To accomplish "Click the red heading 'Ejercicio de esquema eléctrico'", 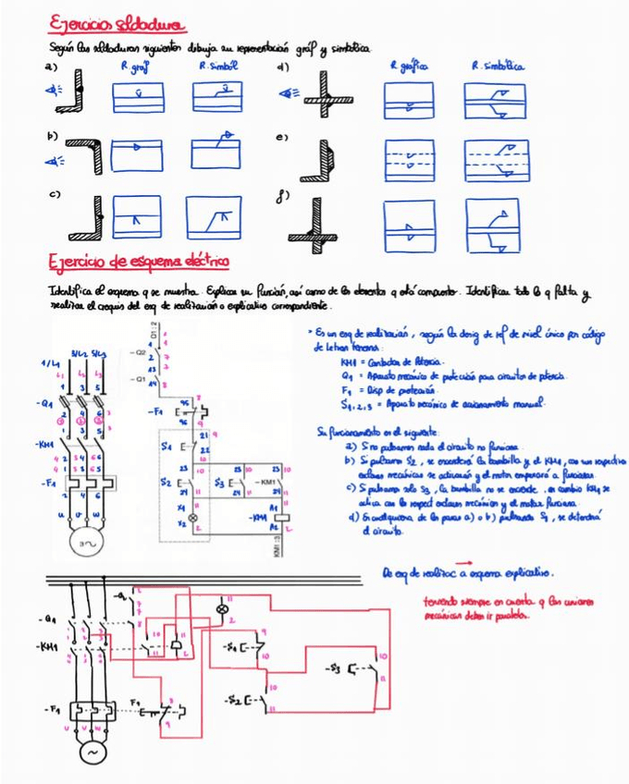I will (x=138, y=262).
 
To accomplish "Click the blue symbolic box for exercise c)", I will (x=216, y=218).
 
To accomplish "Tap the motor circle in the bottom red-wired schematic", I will (x=92, y=753).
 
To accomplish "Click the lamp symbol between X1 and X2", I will (x=193, y=519).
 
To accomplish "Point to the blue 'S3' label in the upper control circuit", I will (x=220, y=482).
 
